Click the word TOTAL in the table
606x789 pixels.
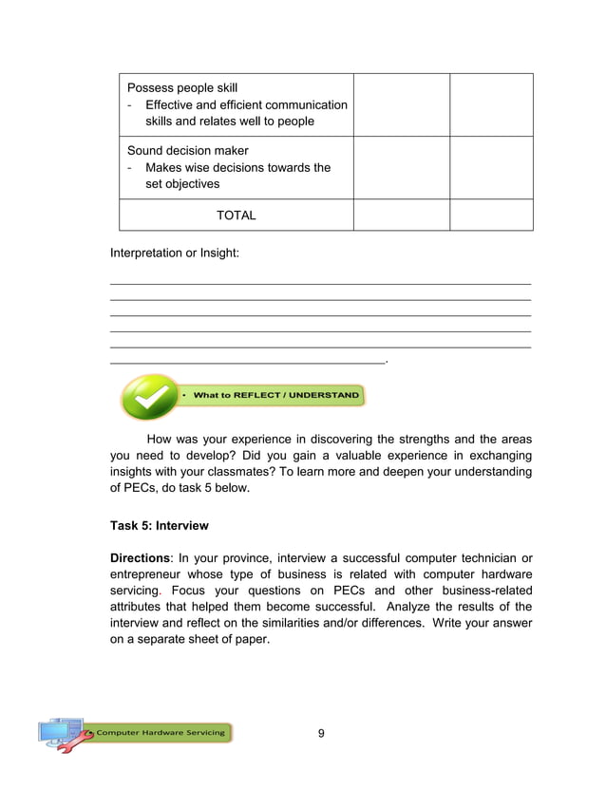point(236,216)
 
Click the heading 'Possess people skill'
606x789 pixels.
point(181,88)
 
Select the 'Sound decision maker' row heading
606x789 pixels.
point(187,151)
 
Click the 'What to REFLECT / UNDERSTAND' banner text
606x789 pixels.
point(276,395)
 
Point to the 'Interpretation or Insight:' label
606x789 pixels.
point(175,254)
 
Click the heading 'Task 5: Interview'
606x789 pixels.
point(159,525)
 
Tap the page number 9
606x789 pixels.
point(321,733)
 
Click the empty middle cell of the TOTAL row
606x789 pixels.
point(401,216)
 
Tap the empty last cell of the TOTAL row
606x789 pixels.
point(490,216)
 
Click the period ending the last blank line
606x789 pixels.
point(388,362)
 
